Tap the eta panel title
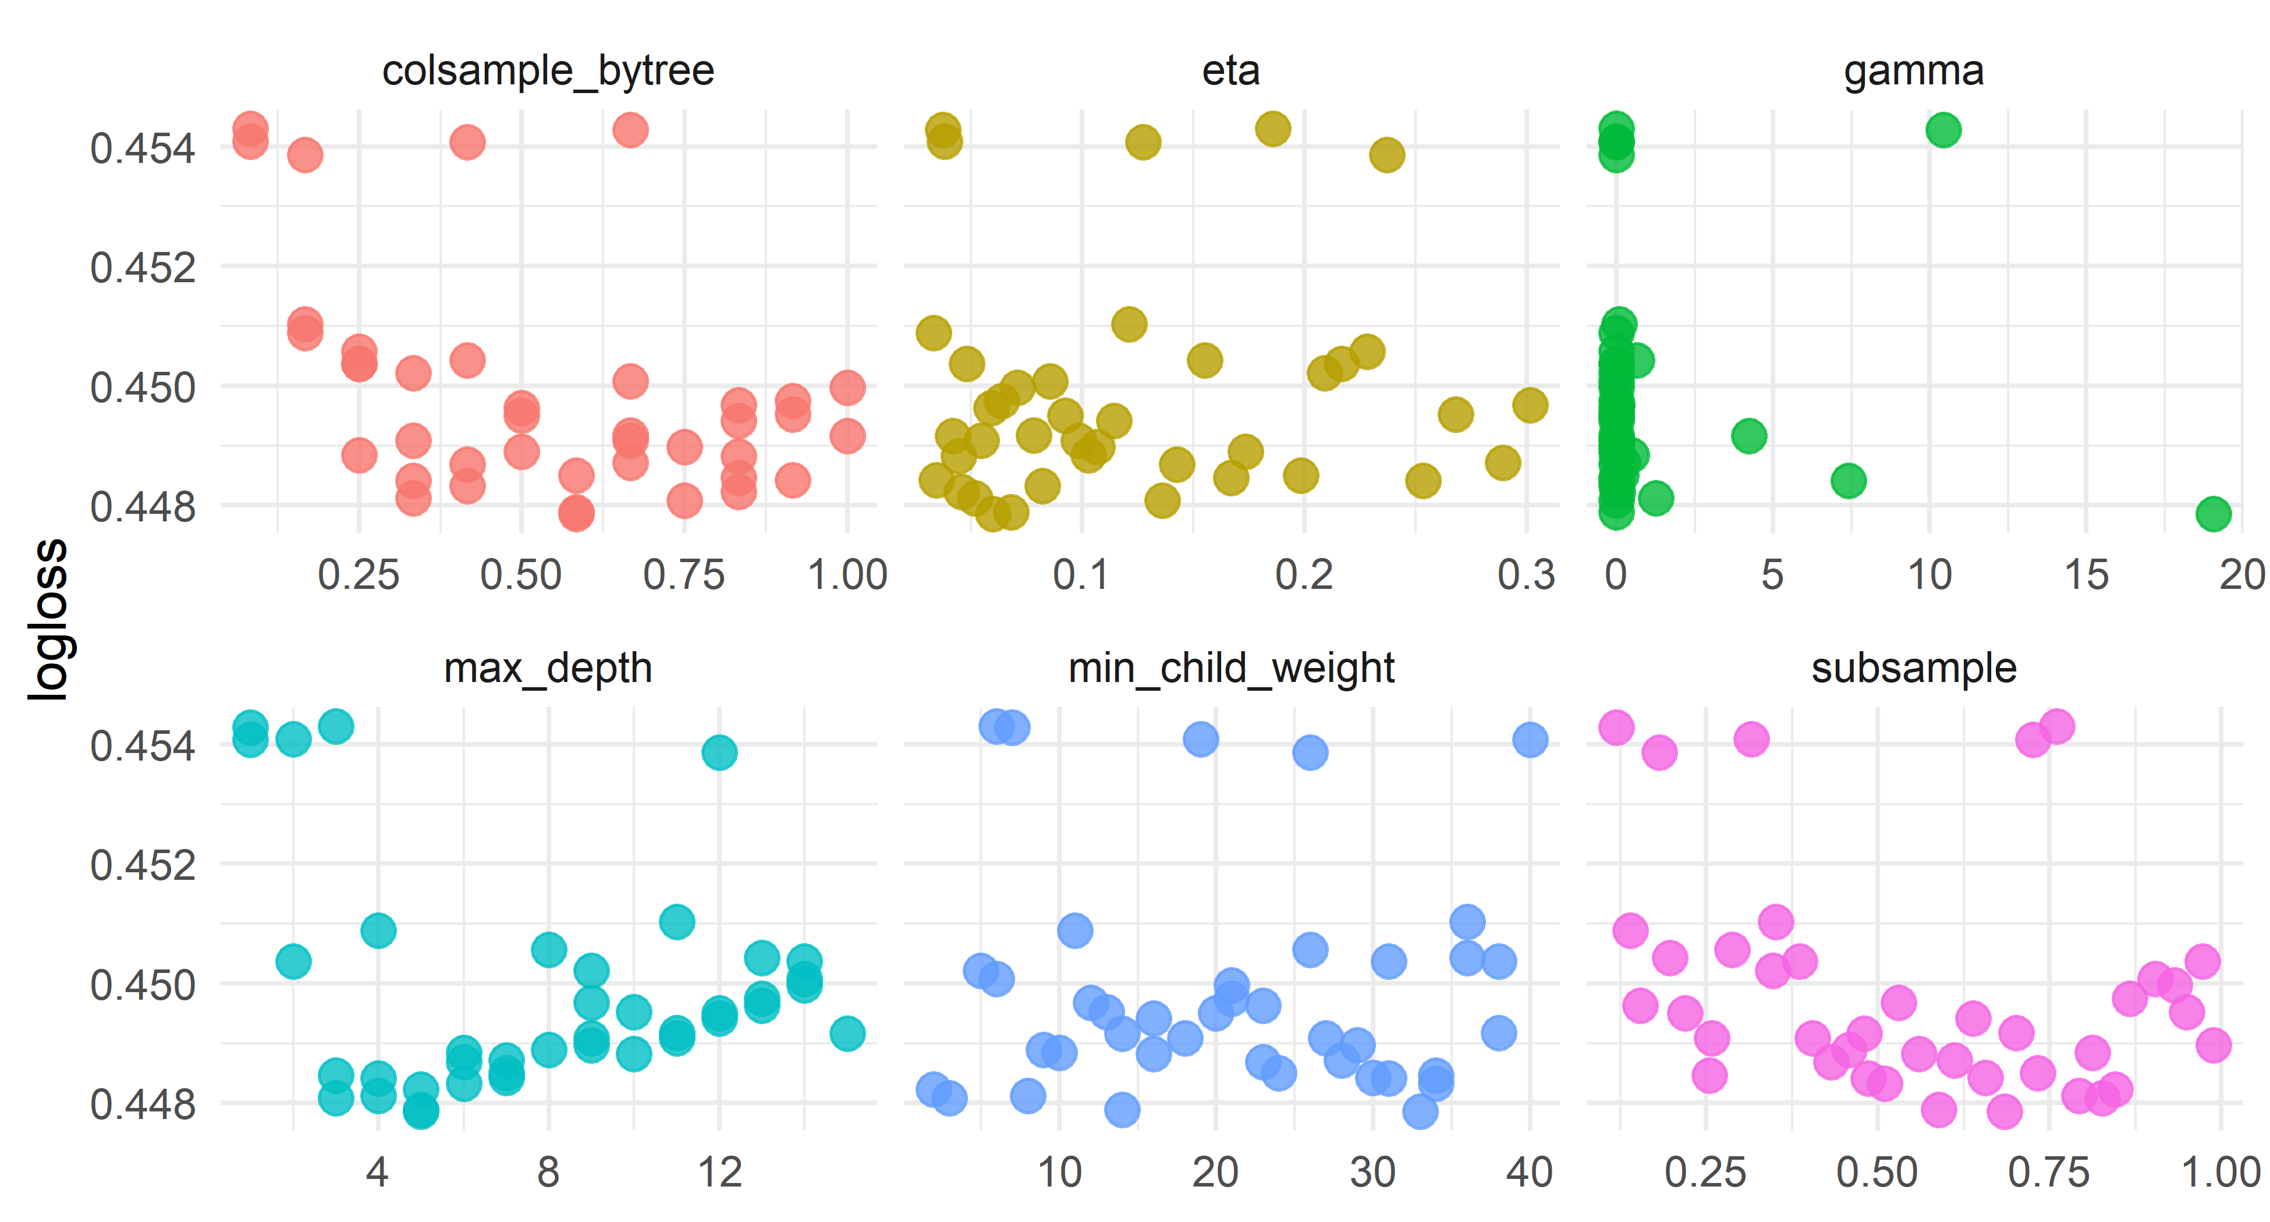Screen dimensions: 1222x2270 click(x=1230, y=70)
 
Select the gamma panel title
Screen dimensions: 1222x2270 click(x=1913, y=70)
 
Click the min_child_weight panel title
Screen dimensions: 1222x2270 click(x=1230, y=668)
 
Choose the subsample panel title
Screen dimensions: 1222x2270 click(x=1913, y=668)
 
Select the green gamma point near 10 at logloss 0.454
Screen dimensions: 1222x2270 click(x=1943, y=130)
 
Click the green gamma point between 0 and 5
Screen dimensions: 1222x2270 click(x=1748, y=435)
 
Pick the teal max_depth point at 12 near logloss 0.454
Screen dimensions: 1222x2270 click(x=719, y=751)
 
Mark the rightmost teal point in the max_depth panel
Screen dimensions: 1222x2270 click(x=847, y=1032)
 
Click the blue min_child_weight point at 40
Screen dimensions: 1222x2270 click(x=1530, y=739)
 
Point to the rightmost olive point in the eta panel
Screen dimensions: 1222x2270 click(x=1530, y=405)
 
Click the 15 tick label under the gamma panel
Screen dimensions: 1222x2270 click(x=2086, y=576)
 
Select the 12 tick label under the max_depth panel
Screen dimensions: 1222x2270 click(x=719, y=1173)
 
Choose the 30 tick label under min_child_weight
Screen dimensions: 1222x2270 click(x=1372, y=1173)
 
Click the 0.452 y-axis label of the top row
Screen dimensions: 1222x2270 click(x=143, y=267)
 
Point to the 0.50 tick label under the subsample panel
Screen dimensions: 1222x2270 click(x=1877, y=1173)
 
